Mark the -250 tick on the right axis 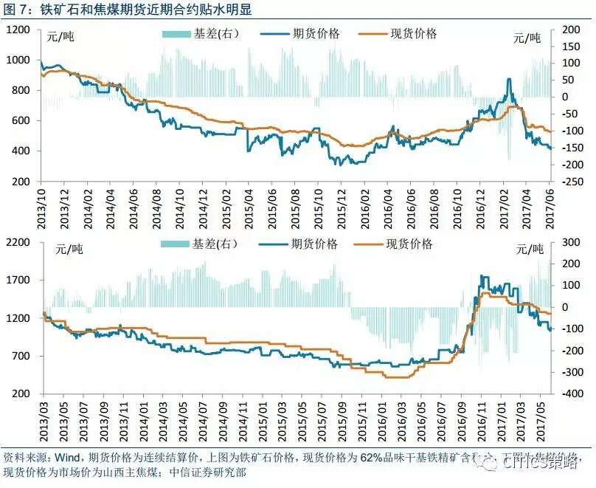pyautogui.click(x=572, y=182)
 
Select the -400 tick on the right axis pyautogui.click(x=572, y=394)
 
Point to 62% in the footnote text pyautogui.click(x=372, y=458)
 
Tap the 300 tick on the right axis pyautogui.click(x=573, y=242)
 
